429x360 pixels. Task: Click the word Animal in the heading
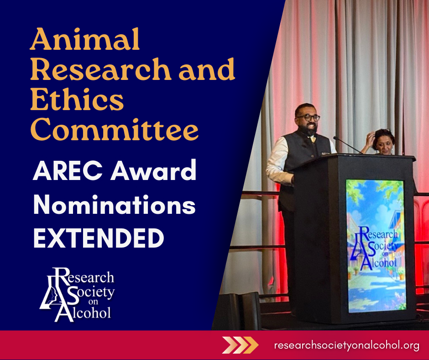click(x=85, y=39)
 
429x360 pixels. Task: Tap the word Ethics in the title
click(x=77, y=99)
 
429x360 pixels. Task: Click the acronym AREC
click(x=68, y=170)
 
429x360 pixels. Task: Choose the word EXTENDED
click(x=99, y=238)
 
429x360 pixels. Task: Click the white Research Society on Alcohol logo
click(x=78, y=295)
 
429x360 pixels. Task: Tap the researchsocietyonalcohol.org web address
click(x=346, y=345)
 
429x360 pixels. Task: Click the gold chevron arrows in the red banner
click(x=240, y=345)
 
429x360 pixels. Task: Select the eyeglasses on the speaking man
click(x=309, y=118)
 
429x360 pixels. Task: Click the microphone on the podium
click(x=347, y=145)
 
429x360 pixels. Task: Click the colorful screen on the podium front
click(x=376, y=246)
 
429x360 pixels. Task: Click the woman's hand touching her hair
click(x=370, y=138)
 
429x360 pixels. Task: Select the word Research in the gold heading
click(x=101, y=69)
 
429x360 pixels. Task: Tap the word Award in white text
click(x=153, y=170)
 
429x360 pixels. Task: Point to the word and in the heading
click(x=207, y=69)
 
